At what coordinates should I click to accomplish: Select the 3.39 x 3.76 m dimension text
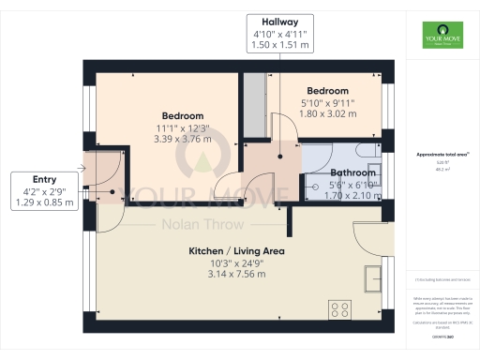coord(183,140)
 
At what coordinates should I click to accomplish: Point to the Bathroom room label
coord(353,172)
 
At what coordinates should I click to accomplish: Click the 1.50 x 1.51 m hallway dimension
coord(280,45)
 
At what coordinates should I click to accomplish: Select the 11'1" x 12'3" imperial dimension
coord(183,127)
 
